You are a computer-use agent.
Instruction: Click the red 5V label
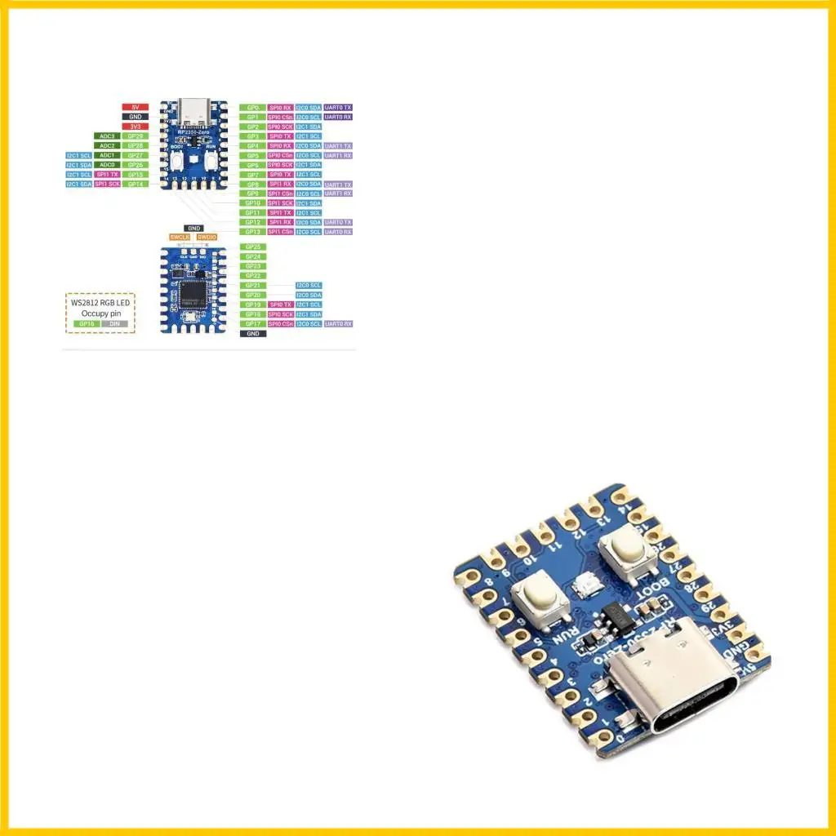(135, 107)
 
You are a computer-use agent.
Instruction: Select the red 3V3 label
(135, 127)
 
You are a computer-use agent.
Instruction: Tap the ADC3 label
(107, 136)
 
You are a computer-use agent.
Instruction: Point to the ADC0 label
(107, 165)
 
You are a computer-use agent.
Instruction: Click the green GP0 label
(252, 108)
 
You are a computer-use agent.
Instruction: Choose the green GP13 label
(252, 232)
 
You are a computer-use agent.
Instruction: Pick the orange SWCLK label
(180, 237)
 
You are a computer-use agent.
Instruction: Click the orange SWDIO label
(207, 237)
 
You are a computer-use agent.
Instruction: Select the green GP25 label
(252, 247)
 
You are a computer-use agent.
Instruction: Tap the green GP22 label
(252, 276)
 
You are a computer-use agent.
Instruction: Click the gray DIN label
(114, 324)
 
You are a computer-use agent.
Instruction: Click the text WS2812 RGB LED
(100, 303)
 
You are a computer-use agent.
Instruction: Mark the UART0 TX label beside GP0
(338, 108)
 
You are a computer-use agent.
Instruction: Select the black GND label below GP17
(252, 334)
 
